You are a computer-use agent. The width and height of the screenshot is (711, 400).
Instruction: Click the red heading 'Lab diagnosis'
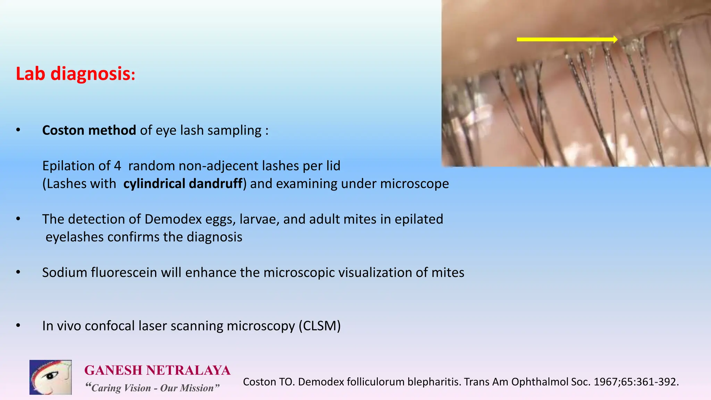pyautogui.click(x=75, y=74)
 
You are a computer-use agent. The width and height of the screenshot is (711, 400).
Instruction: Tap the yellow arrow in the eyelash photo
pyautogui.click(x=567, y=40)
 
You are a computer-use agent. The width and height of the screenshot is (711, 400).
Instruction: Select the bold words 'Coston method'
pyautogui.click(x=89, y=130)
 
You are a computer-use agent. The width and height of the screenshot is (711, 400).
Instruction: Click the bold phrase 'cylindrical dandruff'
pyautogui.click(x=183, y=184)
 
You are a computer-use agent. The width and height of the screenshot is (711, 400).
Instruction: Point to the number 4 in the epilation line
pyautogui.click(x=117, y=166)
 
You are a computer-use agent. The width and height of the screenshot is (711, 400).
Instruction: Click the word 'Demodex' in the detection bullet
pyautogui.click(x=173, y=219)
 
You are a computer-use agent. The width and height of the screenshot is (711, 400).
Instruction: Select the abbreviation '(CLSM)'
pyautogui.click(x=319, y=326)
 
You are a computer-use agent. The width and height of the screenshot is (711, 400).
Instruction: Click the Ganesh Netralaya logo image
pyautogui.click(x=51, y=377)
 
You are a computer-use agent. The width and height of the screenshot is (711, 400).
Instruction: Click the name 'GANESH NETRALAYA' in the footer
pyautogui.click(x=157, y=370)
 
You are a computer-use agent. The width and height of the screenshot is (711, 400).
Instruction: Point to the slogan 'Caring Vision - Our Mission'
pyautogui.click(x=152, y=388)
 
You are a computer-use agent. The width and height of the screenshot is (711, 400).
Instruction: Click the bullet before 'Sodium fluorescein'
pyautogui.click(x=18, y=272)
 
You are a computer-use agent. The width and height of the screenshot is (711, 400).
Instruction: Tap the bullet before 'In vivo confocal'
pyautogui.click(x=18, y=326)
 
